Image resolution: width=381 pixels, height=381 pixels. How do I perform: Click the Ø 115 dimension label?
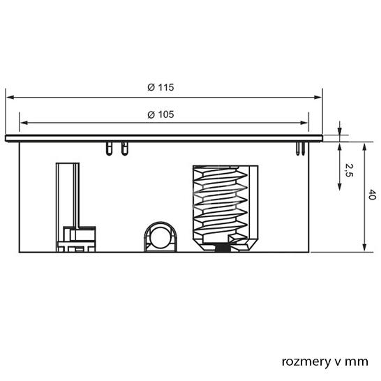(x=160, y=87)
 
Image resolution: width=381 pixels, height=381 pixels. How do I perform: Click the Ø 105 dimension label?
(x=160, y=114)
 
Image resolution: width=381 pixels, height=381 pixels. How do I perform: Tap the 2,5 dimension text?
(x=349, y=170)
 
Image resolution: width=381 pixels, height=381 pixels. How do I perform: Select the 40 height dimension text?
(x=372, y=195)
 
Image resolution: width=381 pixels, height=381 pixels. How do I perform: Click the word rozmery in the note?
(x=306, y=361)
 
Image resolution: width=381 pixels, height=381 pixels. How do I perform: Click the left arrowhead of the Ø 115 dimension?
(x=10, y=97)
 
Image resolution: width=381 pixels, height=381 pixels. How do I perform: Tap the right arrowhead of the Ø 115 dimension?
(x=317, y=97)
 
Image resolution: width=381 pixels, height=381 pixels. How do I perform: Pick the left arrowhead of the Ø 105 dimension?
(x=24, y=123)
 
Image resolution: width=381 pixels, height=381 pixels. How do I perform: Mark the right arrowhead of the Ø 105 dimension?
(x=304, y=123)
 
